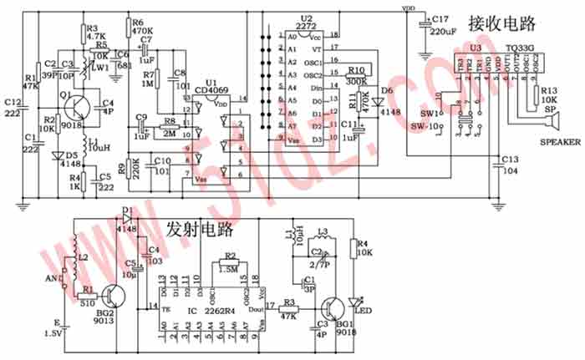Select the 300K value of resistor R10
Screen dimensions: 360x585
(358, 82)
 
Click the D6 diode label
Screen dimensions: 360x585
(386, 90)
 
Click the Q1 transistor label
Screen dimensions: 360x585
(62, 96)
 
